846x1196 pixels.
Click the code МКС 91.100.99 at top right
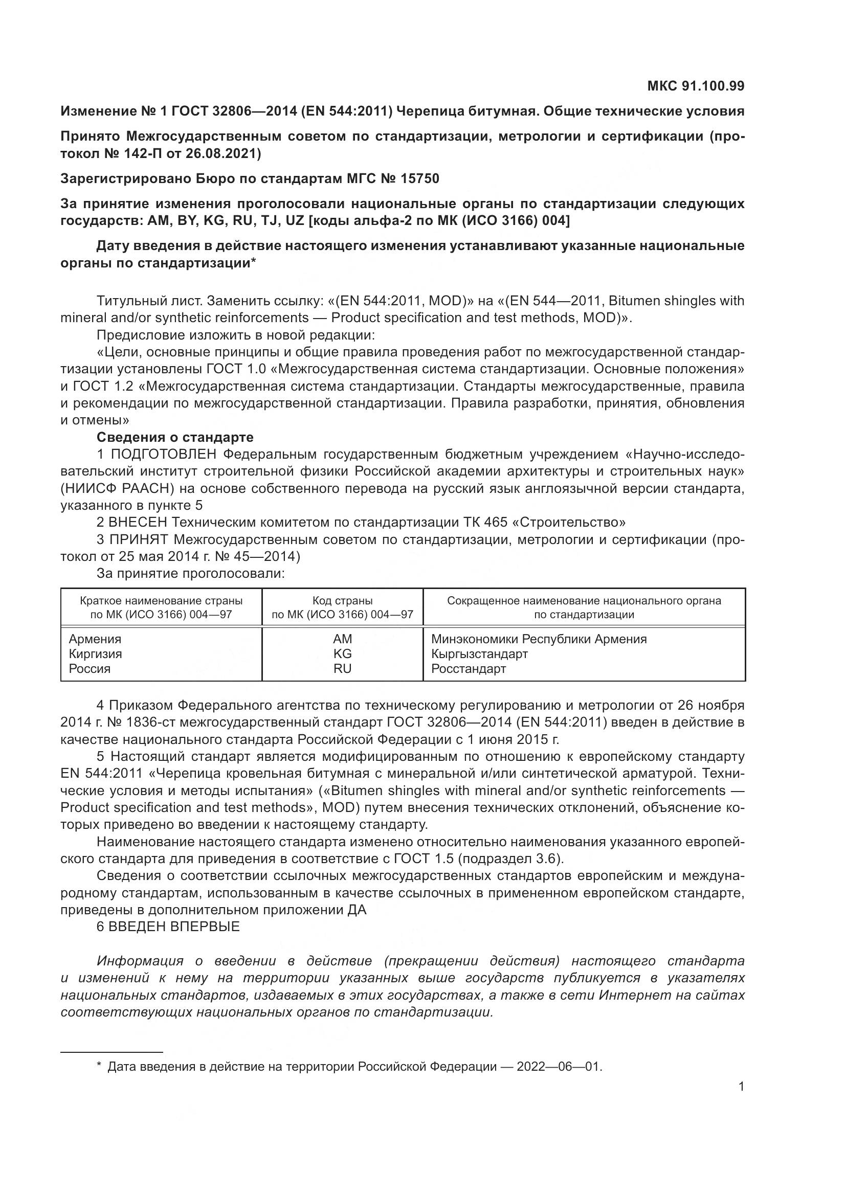(x=696, y=86)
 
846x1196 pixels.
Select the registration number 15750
(x=419, y=178)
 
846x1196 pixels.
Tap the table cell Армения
(x=95, y=639)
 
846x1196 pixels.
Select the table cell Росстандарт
(x=469, y=668)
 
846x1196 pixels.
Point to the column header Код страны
(x=342, y=601)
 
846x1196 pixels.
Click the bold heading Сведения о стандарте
(x=175, y=437)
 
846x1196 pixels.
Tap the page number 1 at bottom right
(x=741, y=1087)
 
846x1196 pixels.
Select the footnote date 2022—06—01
(x=559, y=1063)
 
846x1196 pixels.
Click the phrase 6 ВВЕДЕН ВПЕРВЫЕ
(x=168, y=927)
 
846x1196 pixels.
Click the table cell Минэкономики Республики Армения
(x=539, y=639)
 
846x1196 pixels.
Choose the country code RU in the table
(x=342, y=668)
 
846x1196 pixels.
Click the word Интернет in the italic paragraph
(x=629, y=995)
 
